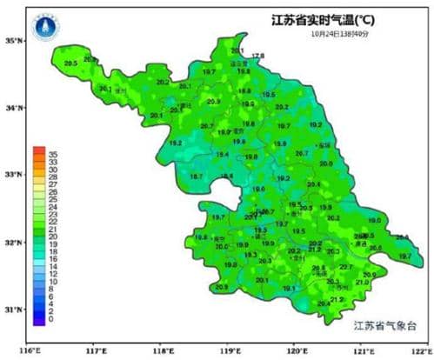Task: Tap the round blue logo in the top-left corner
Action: coord(43,28)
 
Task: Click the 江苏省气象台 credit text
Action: coord(386,326)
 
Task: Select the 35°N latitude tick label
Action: coord(13,41)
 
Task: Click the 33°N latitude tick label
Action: coord(13,176)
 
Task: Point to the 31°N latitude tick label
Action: coord(13,310)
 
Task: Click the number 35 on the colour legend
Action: coord(53,154)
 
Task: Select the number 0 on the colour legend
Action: coord(51,320)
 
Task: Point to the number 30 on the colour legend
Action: coord(53,170)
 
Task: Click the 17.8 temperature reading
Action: coord(257,57)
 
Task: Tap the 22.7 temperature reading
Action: coord(346,267)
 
